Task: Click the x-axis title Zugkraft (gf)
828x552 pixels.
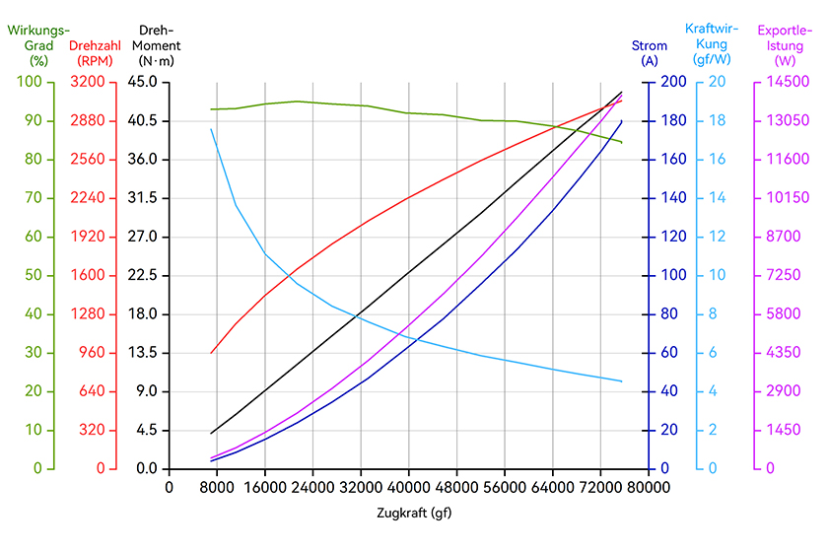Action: [x=414, y=513]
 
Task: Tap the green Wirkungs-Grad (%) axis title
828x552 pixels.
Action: [x=38, y=45]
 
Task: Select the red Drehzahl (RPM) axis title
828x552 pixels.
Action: [x=95, y=53]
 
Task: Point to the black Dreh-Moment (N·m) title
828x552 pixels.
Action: [x=157, y=45]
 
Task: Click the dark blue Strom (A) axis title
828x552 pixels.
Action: [x=650, y=53]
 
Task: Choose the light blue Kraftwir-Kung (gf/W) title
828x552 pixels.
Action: [x=712, y=44]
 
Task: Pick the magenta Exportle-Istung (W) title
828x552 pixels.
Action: [x=785, y=45]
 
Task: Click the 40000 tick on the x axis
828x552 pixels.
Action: [x=408, y=487]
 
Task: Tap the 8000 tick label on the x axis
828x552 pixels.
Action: [x=217, y=487]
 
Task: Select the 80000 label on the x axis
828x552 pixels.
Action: [x=649, y=487]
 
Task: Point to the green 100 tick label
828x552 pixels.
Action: [x=29, y=82]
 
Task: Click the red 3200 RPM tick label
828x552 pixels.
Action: [x=88, y=82]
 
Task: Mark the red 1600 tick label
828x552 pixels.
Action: [x=88, y=275]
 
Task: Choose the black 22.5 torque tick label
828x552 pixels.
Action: [x=143, y=275]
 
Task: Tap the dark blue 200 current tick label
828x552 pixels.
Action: [x=674, y=82]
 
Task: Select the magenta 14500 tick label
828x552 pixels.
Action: [x=788, y=82]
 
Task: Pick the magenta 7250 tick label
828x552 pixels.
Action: [x=784, y=275]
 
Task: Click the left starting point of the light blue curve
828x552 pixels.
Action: [x=211, y=129]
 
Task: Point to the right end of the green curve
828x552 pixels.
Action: [x=622, y=142]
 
